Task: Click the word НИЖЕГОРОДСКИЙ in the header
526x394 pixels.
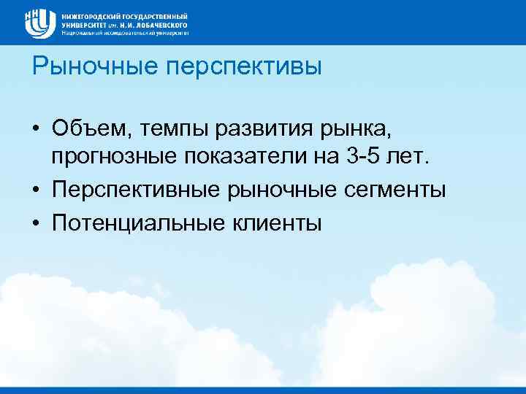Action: pos(87,15)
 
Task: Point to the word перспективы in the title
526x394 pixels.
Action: pos(244,68)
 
